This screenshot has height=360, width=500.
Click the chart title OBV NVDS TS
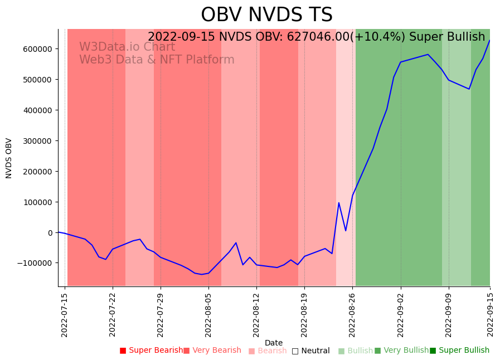pyautogui.click(x=266, y=15)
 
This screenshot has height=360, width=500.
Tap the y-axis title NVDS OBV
pyautogui.click(x=9, y=158)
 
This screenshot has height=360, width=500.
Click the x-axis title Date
pyautogui.click(x=274, y=343)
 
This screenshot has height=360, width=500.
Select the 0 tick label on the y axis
pyautogui.click(x=50, y=233)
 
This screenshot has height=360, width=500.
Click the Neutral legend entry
pyautogui.click(x=310, y=351)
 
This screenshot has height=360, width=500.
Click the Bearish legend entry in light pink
pyautogui.click(x=268, y=351)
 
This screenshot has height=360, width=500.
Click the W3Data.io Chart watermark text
pyautogui.click(x=127, y=47)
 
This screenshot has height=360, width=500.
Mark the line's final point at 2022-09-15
pyautogui.click(x=489, y=40)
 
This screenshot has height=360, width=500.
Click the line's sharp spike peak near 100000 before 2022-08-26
pyautogui.click(x=339, y=203)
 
